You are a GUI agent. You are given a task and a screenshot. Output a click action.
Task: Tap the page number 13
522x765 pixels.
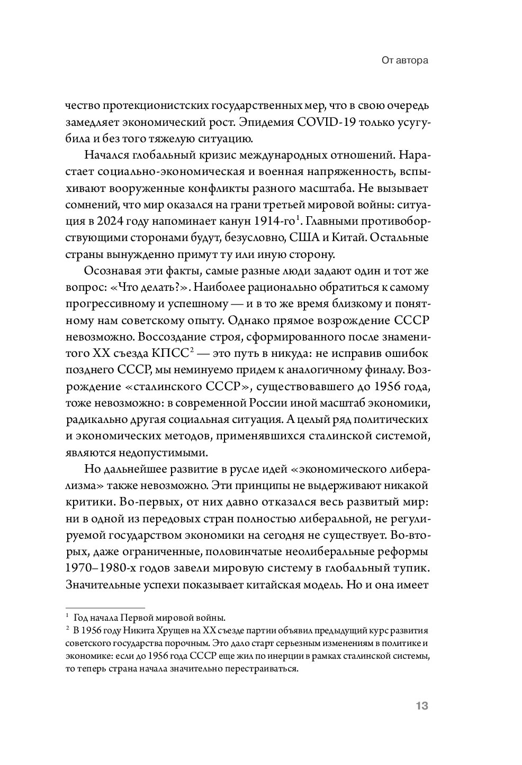click(421, 706)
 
